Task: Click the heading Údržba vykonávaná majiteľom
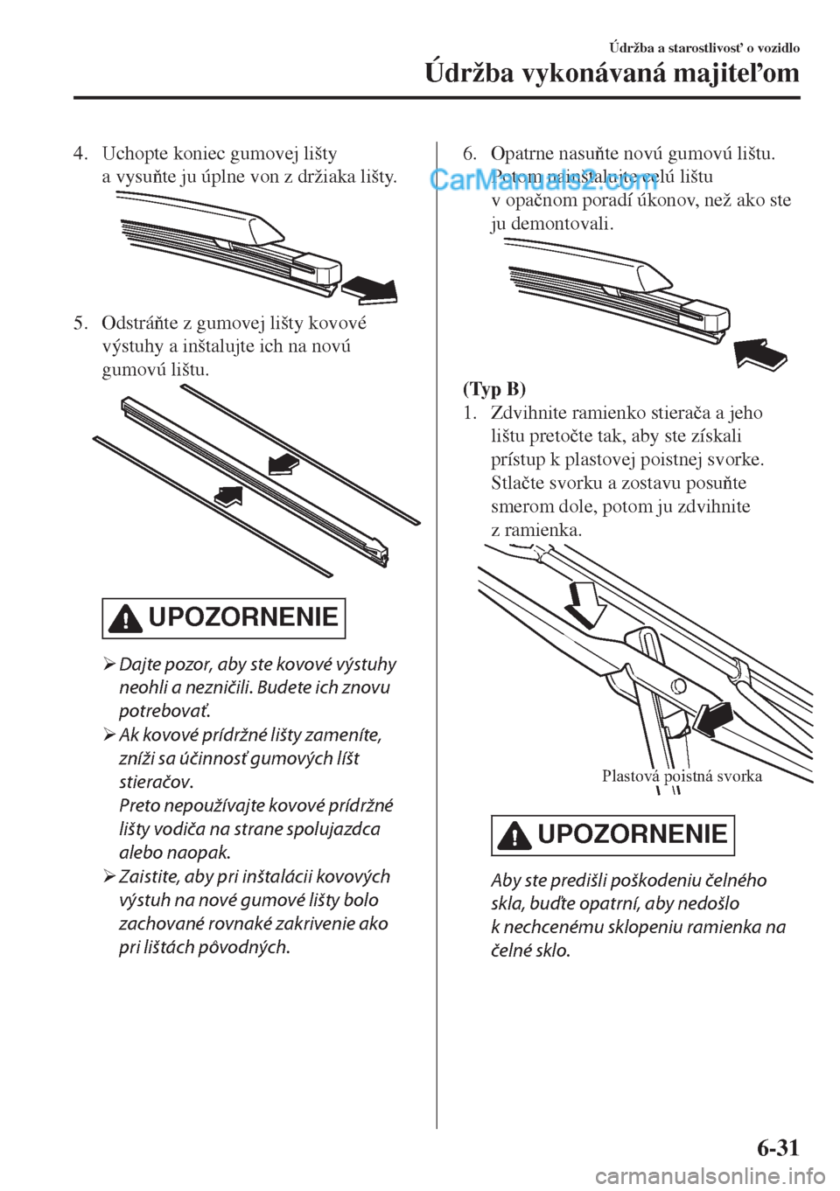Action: pyautogui.click(x=612, y=72)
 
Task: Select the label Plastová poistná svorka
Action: pyautogui.click(x=682, y=776)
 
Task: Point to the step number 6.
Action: pyautogui.click(x=469, y=155)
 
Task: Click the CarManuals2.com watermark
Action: pyautogui.click(x=543, y=180)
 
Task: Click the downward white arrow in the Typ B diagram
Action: pyautogui.click(x=582, y=602)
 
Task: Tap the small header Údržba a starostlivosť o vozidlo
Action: pyautogui.click(x=703, y=47)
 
